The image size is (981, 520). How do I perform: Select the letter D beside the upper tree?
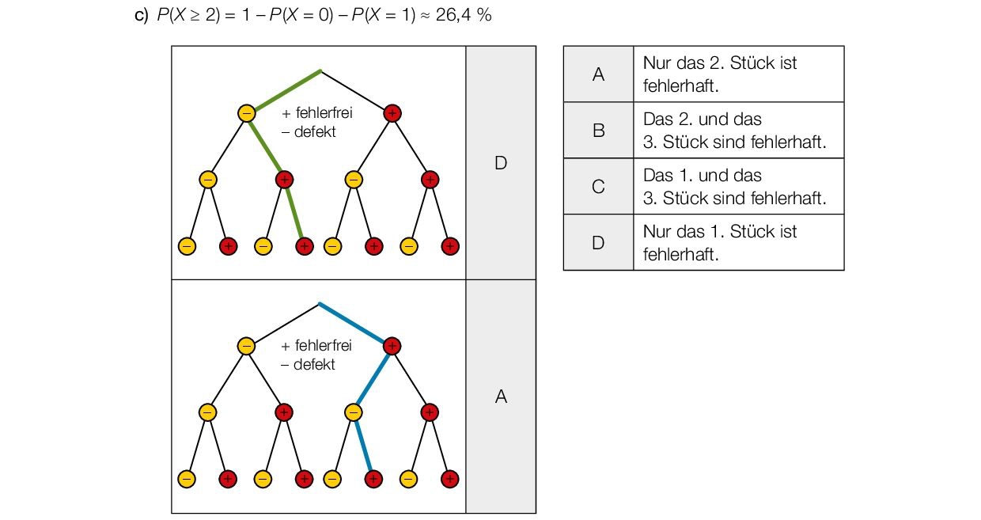(500, 163)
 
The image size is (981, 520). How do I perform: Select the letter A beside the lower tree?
(500, 397)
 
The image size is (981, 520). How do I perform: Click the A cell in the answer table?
(598, 74)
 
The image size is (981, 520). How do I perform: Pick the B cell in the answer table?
(598, 131)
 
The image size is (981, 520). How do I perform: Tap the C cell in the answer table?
(598, 187)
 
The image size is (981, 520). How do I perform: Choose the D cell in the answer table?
(598, 243)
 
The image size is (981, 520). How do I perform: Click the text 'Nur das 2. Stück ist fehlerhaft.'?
(720, 74)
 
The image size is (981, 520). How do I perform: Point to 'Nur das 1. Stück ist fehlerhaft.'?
(720, 243)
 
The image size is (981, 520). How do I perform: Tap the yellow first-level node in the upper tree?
(247, 113)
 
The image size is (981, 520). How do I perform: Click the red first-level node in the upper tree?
(392, 113)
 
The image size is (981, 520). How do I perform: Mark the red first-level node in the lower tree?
(392, 346)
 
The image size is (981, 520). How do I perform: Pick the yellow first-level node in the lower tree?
(247, 346)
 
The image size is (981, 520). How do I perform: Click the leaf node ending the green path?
(305, 246)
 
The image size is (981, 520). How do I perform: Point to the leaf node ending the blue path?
(373, 479)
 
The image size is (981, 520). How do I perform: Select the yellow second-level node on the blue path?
(354, 412)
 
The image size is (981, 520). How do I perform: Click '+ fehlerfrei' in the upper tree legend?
(316, 113)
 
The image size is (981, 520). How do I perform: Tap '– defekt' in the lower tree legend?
(309, 365)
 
